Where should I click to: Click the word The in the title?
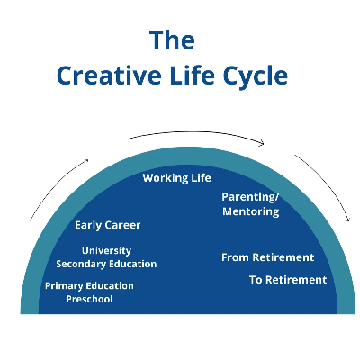pyautogui.click(x=172, y=40)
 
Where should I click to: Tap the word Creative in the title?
pyautogui.click(x=109, y=75)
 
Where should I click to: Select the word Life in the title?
pyautogui.click(x=192, y=75)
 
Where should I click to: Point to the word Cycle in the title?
pyautogui.click(x=256, y=76)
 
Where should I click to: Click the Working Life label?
pyautogui.click(x=176, y=178)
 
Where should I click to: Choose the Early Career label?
pyautogui.click(x=108, y=225)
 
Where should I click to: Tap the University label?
pyautogui.click(x=106, y=250)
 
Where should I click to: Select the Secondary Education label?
pyautogui.click(x=106, y=264)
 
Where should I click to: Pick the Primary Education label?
pyautogui.click(x=89, y=286)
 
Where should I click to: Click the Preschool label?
pyautogui.click(x=89, y=299)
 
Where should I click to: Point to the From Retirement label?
pyautogui.click(x=268, y=257)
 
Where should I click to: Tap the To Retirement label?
pyautogui.click(x=288, y=280)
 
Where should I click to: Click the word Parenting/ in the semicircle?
pyautogui.click(x=250, y=197)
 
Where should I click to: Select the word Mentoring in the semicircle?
pyautogui.click(x=251, y=211)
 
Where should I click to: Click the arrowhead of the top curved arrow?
pyautogui.click(x=263, y=143)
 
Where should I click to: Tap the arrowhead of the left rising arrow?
pyautogui.click(x=87, y=160)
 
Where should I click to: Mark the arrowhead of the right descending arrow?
pyautogui.click(x=348, y=220)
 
